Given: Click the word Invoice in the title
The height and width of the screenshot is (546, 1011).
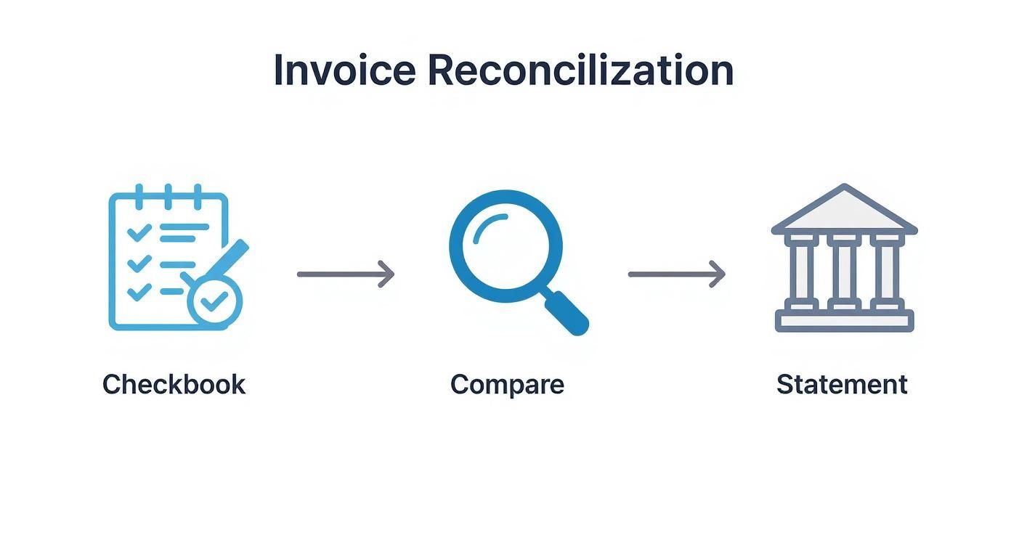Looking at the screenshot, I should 344,70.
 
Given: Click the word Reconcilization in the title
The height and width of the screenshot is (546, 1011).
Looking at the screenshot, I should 580,70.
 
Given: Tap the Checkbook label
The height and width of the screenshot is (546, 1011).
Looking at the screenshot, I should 174,384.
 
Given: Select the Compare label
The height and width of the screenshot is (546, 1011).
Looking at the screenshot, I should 506,384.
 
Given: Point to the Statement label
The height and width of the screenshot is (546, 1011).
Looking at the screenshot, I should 842,384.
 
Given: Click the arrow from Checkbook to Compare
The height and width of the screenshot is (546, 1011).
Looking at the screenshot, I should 346,274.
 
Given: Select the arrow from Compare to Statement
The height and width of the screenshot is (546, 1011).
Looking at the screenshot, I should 676,274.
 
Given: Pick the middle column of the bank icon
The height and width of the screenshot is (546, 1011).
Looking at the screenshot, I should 844,271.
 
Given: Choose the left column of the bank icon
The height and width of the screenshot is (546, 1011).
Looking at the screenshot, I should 802,271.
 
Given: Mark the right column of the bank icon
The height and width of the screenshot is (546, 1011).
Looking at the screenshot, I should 886,271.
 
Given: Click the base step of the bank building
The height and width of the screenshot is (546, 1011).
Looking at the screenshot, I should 844,321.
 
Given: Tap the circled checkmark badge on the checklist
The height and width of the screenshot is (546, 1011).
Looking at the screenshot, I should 214,303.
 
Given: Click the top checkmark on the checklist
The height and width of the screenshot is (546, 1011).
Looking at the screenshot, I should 139,232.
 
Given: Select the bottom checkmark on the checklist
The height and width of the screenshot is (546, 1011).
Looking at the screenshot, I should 139,292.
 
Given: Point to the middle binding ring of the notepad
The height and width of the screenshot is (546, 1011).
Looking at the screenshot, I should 168,196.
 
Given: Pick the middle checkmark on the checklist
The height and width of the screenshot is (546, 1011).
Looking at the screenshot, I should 139,262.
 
